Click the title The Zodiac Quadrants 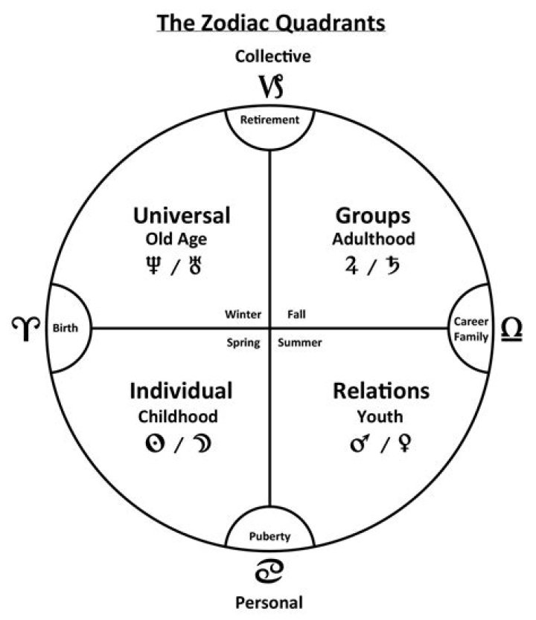tap(271, 23)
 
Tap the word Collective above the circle tap(272, 56)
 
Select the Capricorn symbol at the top tap(272, 86)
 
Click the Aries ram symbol tap(26, 328)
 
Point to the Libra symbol tap(511, 329)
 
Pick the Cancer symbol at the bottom tap(269, 572)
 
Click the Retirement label tap(269, 120)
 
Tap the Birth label tap(66, 328)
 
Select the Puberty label tap(269, 537)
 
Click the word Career tap(471, 321)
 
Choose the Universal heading tap(182, 216)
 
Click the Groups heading tap(373, 216)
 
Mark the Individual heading tap(181, 391)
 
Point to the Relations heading tap(381, 391)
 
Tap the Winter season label tap(243, 314)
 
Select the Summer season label tap(300, 343)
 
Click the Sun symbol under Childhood tap(155, 443)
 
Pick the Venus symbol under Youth tap(404, 443)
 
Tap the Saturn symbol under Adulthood tap(393, 265)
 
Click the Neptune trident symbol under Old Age tap(153, 265)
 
